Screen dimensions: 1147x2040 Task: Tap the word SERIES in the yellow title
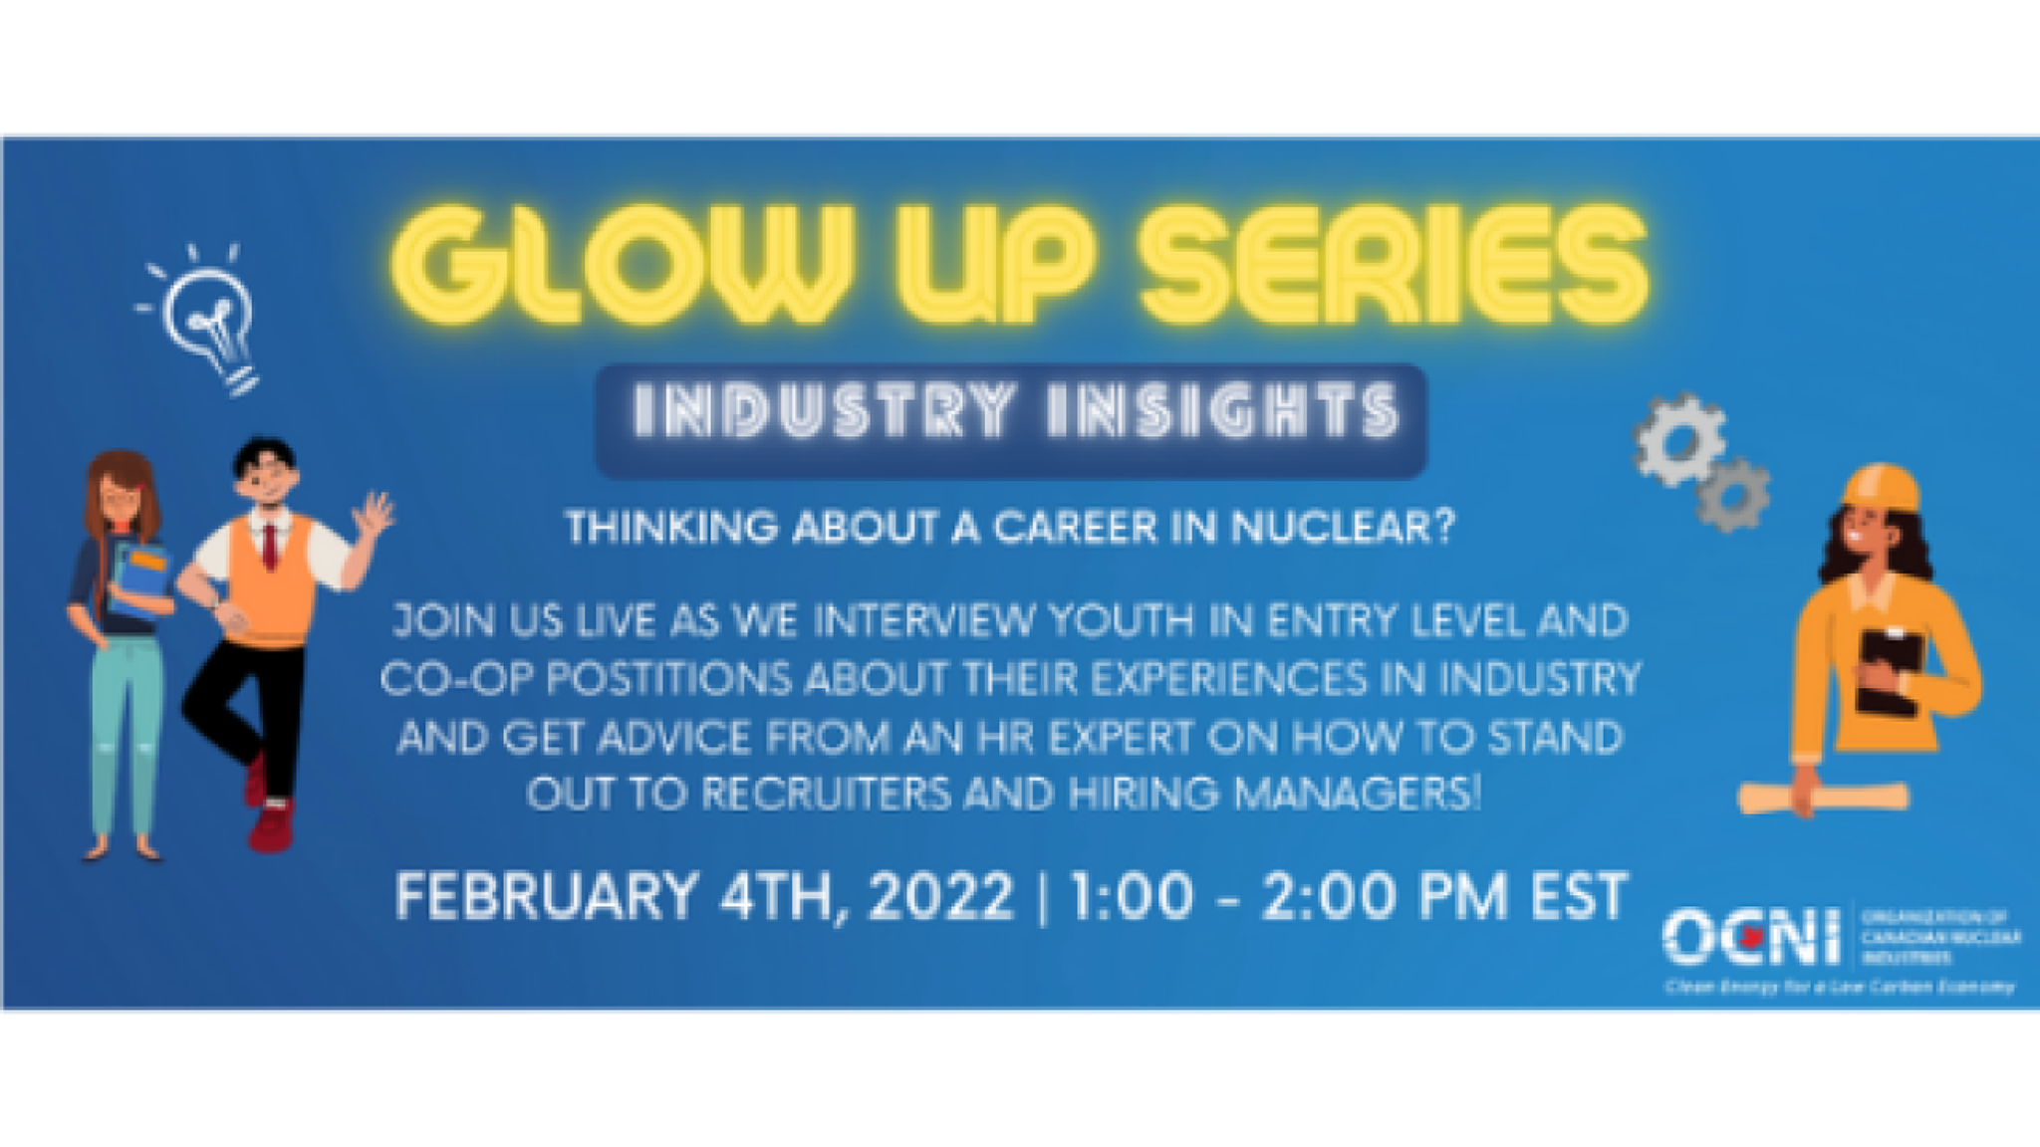1395,263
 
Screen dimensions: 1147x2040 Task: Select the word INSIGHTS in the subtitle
1223,410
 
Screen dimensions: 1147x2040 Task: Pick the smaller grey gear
1734,494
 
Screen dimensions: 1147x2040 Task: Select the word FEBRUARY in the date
546,896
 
